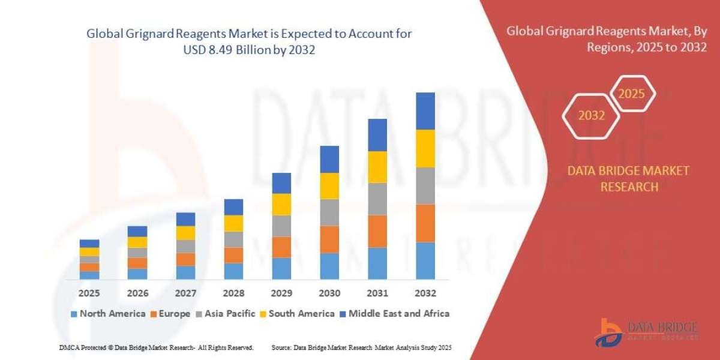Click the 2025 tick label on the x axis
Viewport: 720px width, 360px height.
click(x=89, y=293)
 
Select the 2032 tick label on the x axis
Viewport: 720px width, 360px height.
click(x=425, y=293)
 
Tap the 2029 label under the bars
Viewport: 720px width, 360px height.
click(x=281, y=293)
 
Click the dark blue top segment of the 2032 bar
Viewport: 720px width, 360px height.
click(x=425, y=111)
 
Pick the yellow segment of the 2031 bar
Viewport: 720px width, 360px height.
click(x=377, y=167)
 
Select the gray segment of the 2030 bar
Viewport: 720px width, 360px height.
click(x=329, y=212)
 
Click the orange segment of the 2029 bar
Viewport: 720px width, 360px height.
click(x=281, y=247)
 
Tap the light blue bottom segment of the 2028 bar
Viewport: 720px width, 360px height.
click(x=233, y=271)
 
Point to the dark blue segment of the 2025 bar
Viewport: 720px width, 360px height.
click(x=89, y=243)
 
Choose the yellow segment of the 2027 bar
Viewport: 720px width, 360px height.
click(x=185, y=233)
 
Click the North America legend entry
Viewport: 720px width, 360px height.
click(x=107, y=313)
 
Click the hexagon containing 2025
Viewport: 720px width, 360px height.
click(x=631, y=94)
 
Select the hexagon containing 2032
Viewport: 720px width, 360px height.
click(x=592, y=116)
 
